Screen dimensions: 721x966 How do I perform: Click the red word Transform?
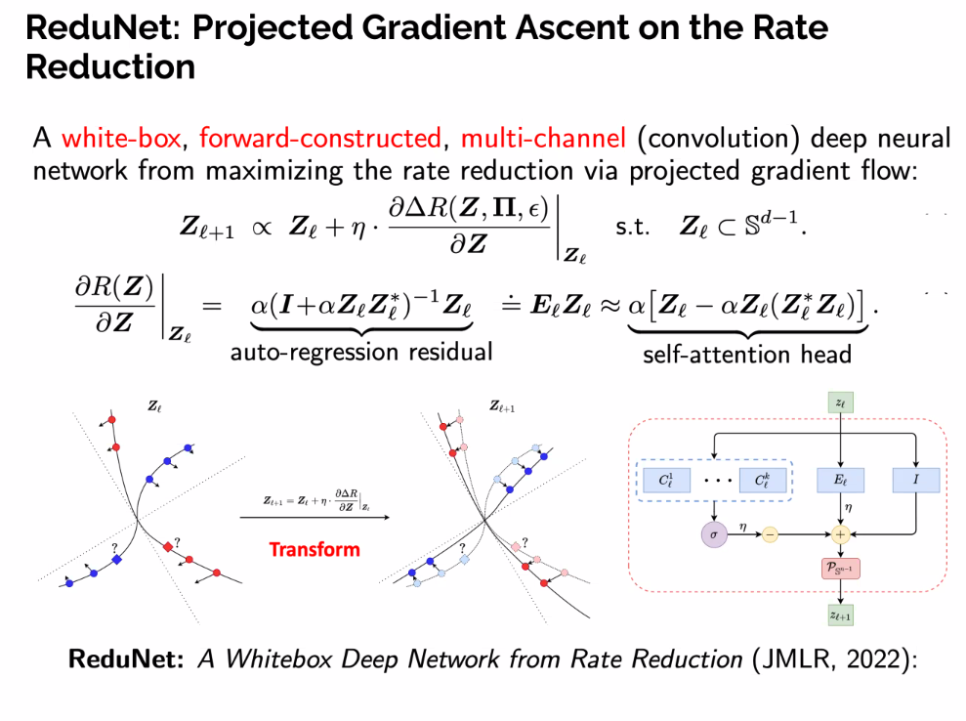pos(315,549)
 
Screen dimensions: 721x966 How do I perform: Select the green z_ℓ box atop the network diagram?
pos(839,402)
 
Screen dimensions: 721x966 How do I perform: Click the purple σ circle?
pos(715,534)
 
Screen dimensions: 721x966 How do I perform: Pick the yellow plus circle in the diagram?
pos(839,534)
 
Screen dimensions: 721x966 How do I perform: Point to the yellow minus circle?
pos(771,534)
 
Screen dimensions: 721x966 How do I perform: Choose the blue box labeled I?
pos(915,480)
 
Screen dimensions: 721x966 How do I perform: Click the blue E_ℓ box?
pos(839,480)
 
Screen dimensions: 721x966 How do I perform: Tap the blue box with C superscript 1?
pos(666,480)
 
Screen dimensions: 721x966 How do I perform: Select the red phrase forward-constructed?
pos(320,140)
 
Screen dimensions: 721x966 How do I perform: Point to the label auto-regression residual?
pos(361,352)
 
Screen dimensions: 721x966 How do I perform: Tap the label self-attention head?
pos(747,354)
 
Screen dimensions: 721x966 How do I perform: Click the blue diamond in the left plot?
pos(116,560)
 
